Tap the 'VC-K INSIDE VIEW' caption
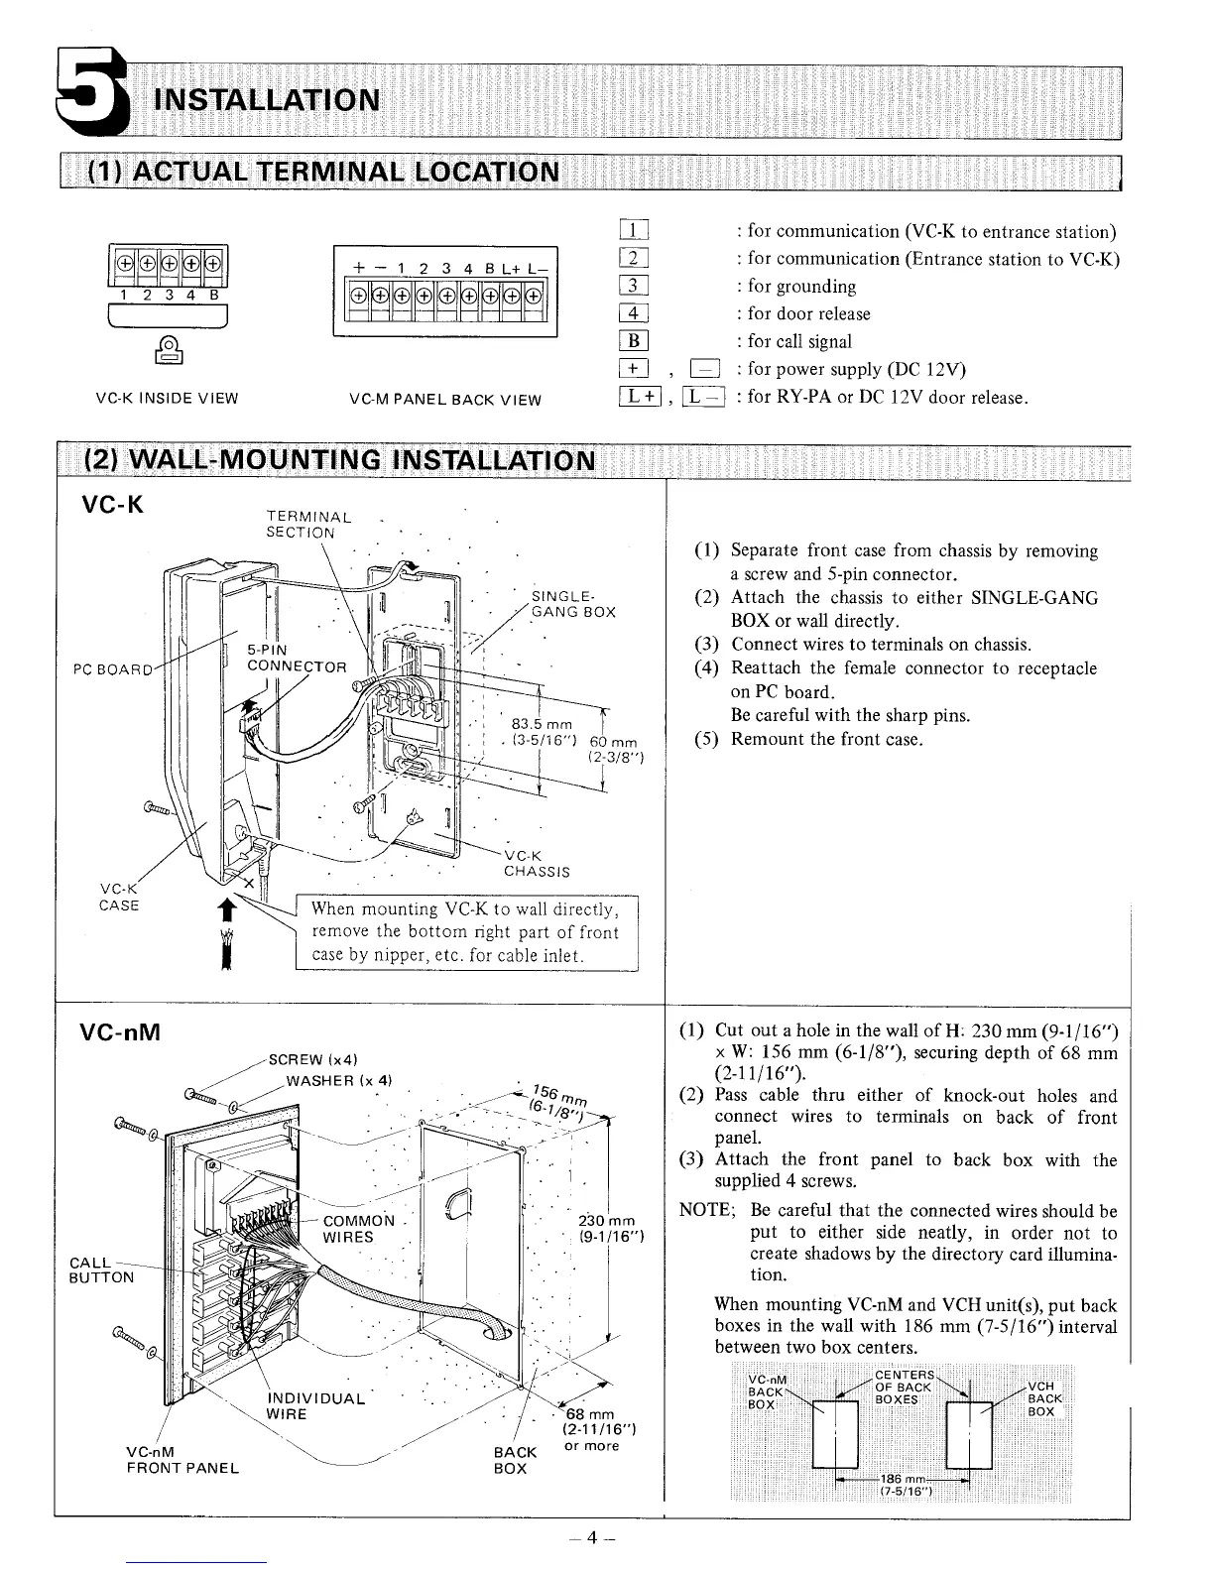(x=167, y=399)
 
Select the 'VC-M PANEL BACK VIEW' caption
(x=445, y=400)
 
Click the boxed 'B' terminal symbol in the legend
(x=633, y=342)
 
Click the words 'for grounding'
(x=801, y=287)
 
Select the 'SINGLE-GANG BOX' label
(x=573, y=604)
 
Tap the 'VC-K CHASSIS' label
(x=537, y=864)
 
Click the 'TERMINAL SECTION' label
(x=308, y=524)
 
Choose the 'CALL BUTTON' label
(x=101, y=1269)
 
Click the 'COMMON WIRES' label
(x=358, y=1229)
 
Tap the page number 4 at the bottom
(x=591, y=1538)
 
